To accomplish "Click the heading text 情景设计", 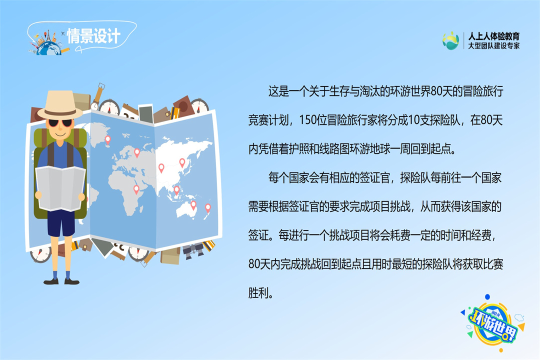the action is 93,36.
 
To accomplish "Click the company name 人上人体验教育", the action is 493,36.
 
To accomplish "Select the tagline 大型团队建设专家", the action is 493,45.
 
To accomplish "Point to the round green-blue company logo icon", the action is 451,40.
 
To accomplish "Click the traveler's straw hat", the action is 60,104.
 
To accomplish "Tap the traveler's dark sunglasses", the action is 60,123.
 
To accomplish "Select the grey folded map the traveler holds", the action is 60,188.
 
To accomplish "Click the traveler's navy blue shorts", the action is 61,223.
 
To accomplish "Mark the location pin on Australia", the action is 193,205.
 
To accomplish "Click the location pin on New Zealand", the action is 207,208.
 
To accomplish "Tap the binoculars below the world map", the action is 193,250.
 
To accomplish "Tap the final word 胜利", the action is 258,293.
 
